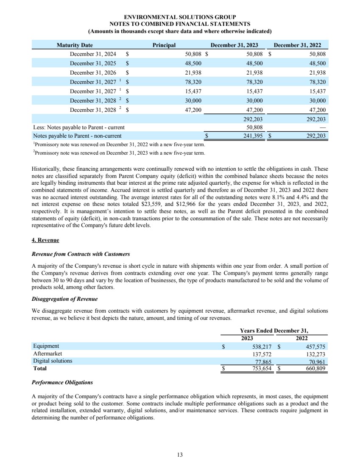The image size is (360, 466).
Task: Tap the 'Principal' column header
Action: (x=164, y=45)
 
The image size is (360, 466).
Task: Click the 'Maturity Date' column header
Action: (x=75, y=45)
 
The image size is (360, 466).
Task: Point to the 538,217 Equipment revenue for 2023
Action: (x=259, y=346)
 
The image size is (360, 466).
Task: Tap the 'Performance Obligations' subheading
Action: (x=62, y=383)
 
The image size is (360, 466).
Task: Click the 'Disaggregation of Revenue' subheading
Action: (x=65, y=299)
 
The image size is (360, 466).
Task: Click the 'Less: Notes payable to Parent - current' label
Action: (x=79, y=128)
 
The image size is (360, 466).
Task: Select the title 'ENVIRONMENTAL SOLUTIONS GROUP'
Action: (x=180, y=17)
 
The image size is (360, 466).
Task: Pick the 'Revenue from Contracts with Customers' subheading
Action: (x=81, y=254)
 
